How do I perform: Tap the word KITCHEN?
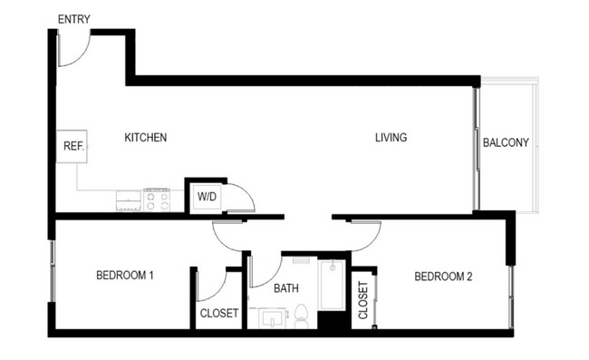coord(146,138)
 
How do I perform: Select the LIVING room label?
coord(391,138)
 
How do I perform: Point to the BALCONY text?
coord(506,143)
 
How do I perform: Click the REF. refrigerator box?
coord(72,147)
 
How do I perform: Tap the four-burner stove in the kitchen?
coord(157,199)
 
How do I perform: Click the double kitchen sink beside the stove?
coord(128,199)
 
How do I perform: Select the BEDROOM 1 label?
coord(124,277)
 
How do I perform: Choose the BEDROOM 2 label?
coord(443,277)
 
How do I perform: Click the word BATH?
coord(287,289)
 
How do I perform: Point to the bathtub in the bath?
coord(332,285)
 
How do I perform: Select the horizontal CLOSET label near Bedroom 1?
coord(218,314)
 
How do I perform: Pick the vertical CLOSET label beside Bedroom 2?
coord(363,301)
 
